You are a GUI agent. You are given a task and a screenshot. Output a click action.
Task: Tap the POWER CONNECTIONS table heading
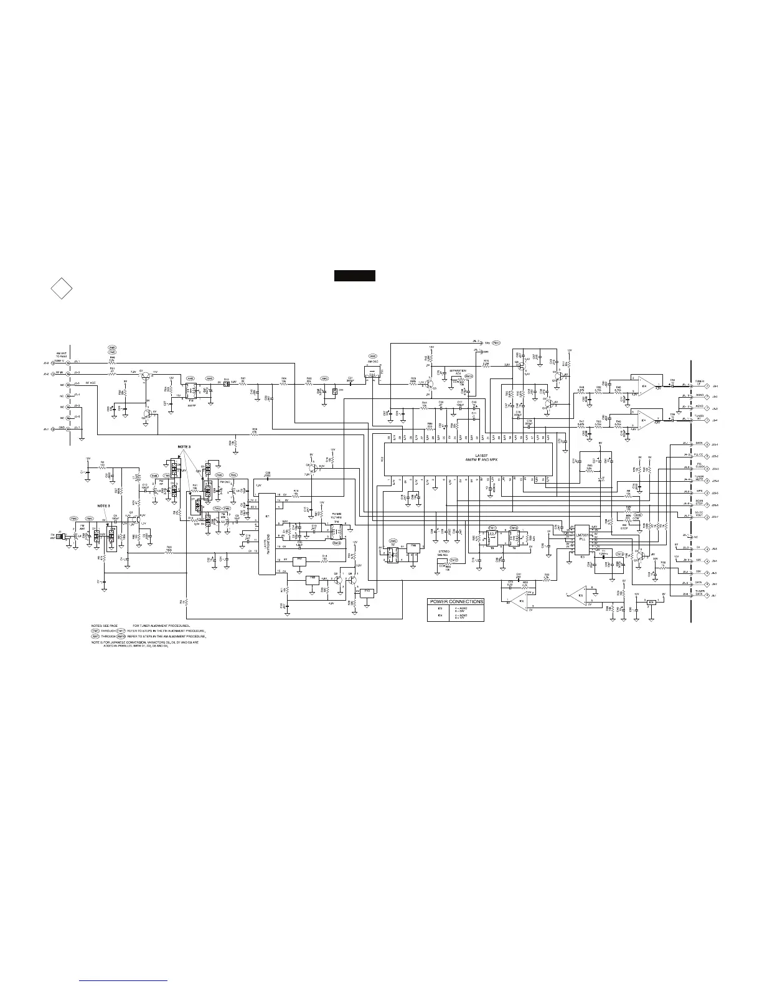[x=456, y=601]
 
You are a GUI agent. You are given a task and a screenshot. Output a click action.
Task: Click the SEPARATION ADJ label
[x=458, y=372]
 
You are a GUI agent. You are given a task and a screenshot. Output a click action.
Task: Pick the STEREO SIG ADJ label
[x=444, y=553]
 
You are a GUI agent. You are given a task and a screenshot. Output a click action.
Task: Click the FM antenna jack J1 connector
[x=61, y=536]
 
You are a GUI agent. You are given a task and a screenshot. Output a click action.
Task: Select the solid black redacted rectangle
[x=355, y=276]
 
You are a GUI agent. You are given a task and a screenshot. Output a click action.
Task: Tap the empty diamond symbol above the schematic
[x=61, y=289]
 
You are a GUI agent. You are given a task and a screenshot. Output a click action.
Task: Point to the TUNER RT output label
[x=700, y=418]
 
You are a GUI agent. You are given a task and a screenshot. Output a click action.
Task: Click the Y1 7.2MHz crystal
[x=603, y=553]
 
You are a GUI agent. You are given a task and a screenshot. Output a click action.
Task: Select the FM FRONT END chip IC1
[x=267, y=534]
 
